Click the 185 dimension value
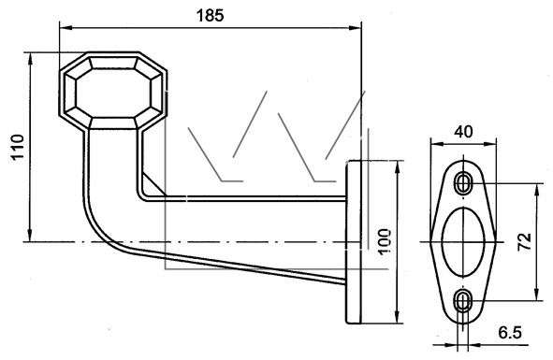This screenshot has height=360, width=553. [x=210, y=16]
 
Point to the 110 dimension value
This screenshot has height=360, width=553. [x=18, y=147]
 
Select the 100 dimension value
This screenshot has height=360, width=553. [x=385, y=241]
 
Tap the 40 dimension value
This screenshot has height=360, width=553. [x=463, y=132]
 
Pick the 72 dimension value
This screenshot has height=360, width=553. [x=524, y=241]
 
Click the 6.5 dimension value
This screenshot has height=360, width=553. [x=510, y=333]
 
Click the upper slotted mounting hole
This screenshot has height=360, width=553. [x=463, y=183]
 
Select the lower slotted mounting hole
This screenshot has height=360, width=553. [x=463, y=300]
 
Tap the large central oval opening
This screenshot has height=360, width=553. [x=463, y=241]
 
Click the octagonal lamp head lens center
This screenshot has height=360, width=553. [x=113, y=93]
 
